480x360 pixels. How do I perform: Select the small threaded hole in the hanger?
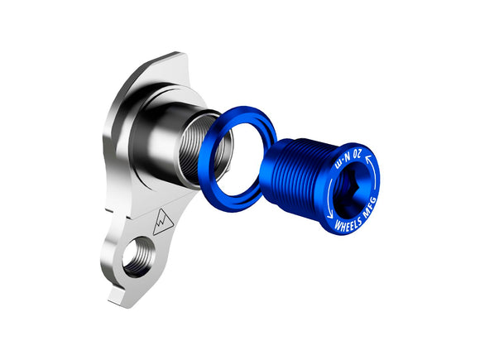pos(137,255)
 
